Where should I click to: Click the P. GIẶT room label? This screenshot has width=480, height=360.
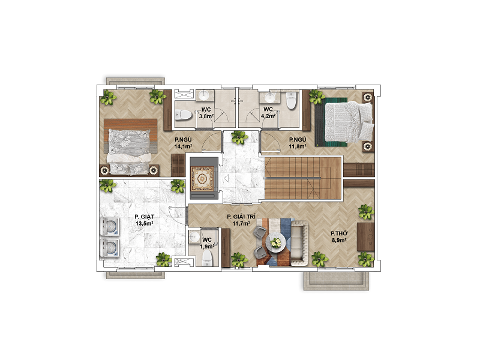pos(145,217)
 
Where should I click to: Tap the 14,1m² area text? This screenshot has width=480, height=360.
pos(183,146)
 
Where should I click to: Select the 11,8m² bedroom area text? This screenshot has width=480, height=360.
pos(298,146)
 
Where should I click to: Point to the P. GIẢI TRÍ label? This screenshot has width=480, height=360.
pos(241,217)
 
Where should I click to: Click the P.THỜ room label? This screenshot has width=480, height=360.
pos(339,233)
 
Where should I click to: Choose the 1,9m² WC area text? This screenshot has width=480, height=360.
pos(207,247)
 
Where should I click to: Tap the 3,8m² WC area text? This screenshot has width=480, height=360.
pos(206,116)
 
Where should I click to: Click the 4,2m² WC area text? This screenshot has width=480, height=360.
pos(268,116)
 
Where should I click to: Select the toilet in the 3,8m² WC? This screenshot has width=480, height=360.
pos(184,115)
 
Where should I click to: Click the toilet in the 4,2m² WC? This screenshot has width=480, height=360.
pos(291,100)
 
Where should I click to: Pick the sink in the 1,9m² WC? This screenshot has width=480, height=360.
pos(194,236)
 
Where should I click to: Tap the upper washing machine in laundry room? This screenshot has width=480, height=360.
pos(110,227)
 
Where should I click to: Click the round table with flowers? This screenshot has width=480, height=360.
pos(275,243)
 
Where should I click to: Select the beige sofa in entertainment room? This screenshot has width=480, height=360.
pos(299,243)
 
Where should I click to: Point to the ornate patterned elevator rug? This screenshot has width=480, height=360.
pos(202,178)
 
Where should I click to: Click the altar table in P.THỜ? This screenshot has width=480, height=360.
pos(366,236)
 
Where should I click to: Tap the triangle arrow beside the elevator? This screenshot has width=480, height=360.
pos(226,178)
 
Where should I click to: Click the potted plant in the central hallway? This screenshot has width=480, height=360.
pos(239,137)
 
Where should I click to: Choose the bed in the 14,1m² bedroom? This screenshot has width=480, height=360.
pos(131,146)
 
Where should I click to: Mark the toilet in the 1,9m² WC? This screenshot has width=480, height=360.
pos(208,259)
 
